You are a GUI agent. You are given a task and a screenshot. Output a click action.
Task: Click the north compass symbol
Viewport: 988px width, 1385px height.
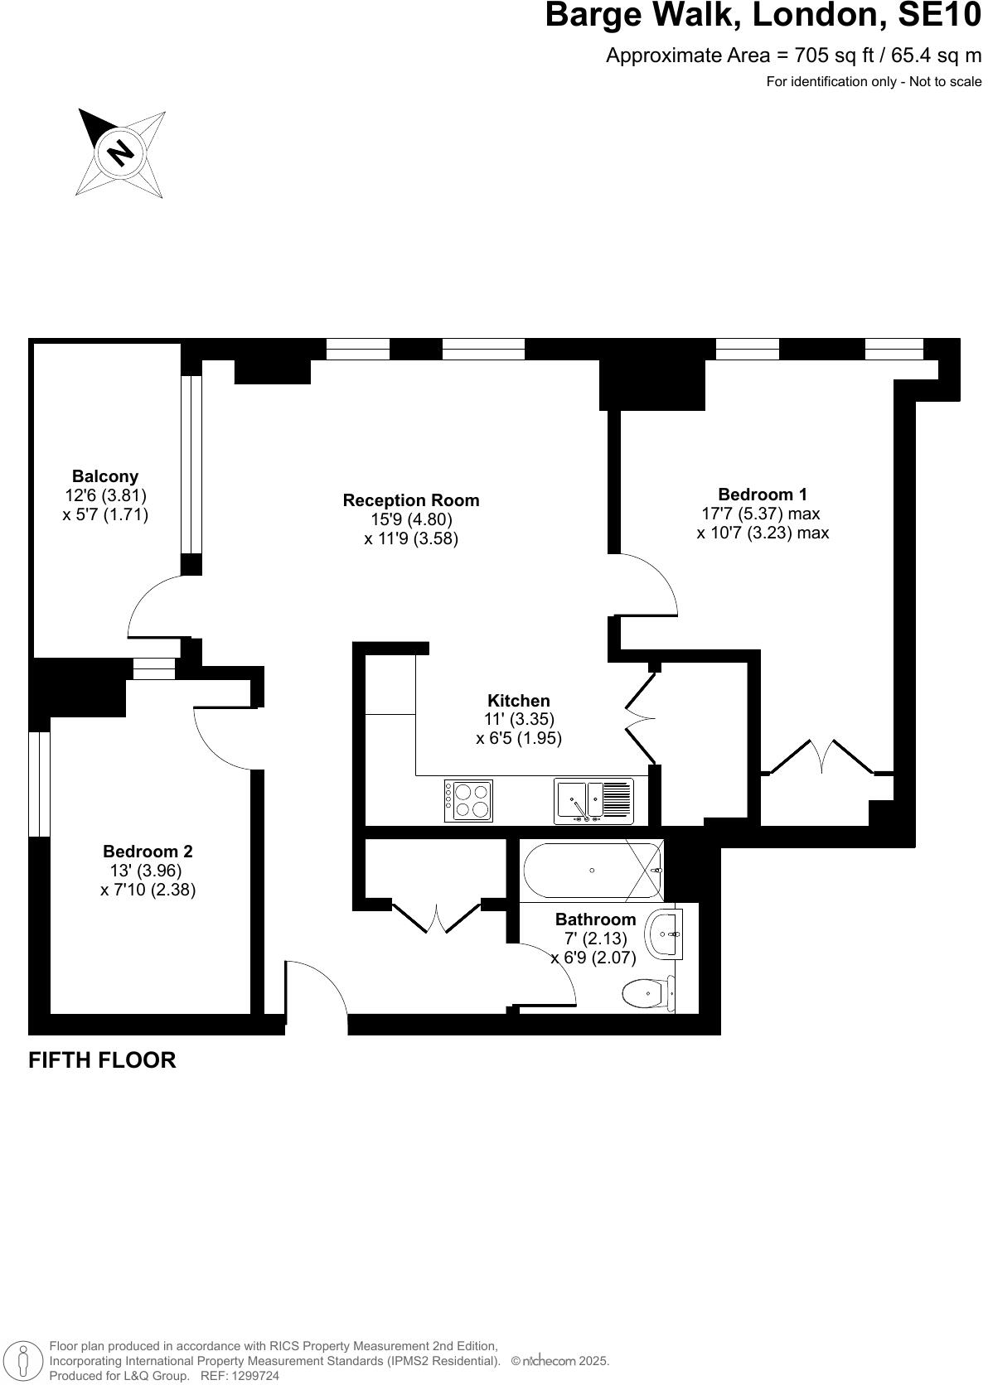point(121,152)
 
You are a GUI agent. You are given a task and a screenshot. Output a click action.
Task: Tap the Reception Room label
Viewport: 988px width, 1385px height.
point(411,500)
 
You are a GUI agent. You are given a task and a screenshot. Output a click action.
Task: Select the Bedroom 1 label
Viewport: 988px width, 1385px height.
point(763,495)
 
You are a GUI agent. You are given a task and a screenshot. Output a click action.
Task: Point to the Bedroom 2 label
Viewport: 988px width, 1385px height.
point(148,851)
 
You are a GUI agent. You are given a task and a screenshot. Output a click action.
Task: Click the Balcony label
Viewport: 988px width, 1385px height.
point(105,476)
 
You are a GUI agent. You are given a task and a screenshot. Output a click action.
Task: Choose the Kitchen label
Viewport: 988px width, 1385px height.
point(519,701)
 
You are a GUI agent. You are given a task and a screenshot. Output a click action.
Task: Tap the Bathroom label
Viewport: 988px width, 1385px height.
point(595,919)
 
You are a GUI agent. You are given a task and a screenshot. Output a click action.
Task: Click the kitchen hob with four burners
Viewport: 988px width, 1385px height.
point(469,801)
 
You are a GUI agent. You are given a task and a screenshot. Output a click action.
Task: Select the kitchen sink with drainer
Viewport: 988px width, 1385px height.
point(593,801)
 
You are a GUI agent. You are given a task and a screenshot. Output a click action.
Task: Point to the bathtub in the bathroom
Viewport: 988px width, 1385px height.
point(592,871)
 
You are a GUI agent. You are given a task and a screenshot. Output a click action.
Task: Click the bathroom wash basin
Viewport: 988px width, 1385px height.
point(666,934)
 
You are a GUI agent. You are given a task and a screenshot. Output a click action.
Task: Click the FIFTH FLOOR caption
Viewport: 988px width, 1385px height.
point(102,1060)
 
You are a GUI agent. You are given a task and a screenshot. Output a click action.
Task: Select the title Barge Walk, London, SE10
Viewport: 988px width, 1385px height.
point(763,16)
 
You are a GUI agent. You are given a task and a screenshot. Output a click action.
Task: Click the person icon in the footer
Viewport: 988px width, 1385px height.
point(24,1361)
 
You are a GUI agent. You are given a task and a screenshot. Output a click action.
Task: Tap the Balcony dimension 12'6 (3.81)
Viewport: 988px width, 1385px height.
point(105,495)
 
